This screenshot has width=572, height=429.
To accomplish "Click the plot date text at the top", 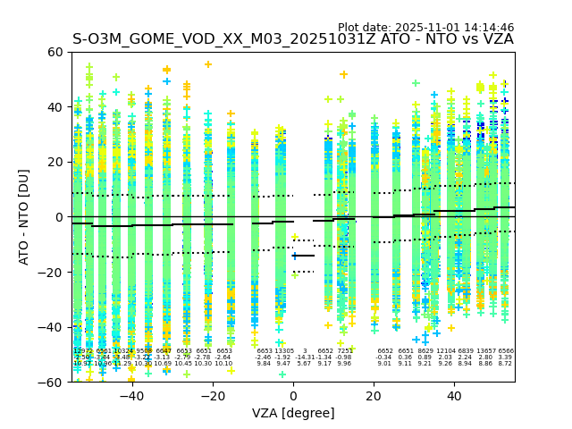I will pyautogui.click(x=425, y=28).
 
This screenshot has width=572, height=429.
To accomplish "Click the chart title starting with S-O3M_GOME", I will pyautogui.click(x=292, y=39).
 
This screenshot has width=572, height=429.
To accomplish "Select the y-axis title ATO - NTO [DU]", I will pyautogui.click(x=24, y=217).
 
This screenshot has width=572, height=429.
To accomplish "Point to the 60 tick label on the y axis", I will pyautogui.click(x=55, y=52).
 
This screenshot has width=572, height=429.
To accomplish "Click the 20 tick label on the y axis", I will pyautogui.click(x=55, y=162).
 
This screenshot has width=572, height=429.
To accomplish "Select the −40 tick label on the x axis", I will pyautogui.click(x=131, y=396).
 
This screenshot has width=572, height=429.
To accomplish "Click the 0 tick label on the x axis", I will pyautogui.click(x=293, y=396).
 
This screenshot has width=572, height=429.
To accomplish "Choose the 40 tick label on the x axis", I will pyautogui.click(x=454, y=396).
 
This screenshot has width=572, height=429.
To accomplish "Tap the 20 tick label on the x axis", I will pyautogui.click(x=374, y=396).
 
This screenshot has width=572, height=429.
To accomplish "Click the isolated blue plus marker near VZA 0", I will pyautogui.click(x=295, y=256).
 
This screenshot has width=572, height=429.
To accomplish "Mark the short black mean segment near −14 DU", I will pyautogui.click(x=304, y=256).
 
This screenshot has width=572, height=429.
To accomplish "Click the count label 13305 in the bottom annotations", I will pyautogui.click(x=283, y=351).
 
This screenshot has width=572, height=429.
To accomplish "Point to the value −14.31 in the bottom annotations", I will pyautogui.click(x=305, y=357).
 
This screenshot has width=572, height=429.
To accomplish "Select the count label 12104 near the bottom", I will pyautogui.click(x=445, y=351).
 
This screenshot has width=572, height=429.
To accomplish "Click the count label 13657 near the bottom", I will pyautogui.click(x=486, y=351).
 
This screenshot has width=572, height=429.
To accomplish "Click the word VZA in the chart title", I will pyautogui.click(x=497, y=39).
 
